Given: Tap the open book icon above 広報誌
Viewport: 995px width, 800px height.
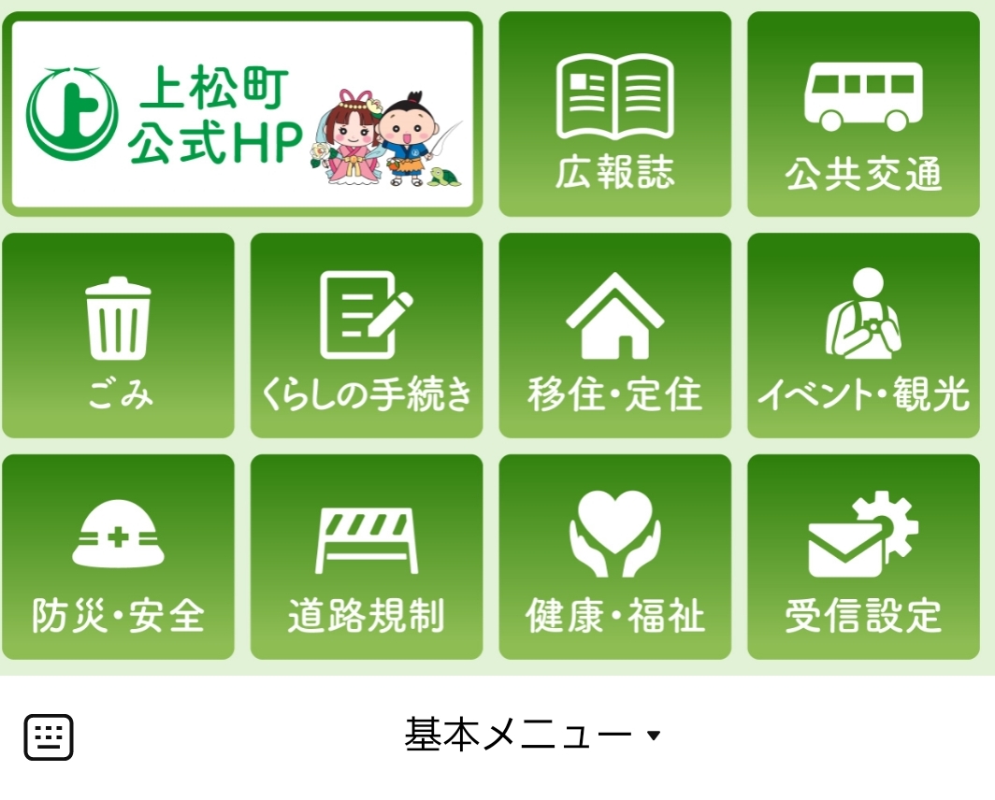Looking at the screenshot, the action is pos(614,96).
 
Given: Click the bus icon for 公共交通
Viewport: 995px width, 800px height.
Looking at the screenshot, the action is pos(863,96).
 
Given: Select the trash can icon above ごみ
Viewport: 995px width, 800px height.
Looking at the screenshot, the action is pos(118,318).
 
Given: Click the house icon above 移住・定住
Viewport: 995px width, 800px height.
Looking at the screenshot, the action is pos(615,315).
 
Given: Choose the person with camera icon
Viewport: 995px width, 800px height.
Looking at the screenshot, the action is pos(864,312).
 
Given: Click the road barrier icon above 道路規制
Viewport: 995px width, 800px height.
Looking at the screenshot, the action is pos(367,540).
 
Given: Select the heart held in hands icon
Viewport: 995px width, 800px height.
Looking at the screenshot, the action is pos(615,534).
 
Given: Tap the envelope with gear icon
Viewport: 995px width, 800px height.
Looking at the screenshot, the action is pos(863,535).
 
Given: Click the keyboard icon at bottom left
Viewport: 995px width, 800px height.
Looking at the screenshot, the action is pos(49,737).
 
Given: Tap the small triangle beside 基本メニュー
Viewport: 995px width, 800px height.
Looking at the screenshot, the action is pos(654,736).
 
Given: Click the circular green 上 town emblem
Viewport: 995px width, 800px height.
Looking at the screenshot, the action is pos(72,113).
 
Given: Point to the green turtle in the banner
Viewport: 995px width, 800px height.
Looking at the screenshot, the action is pos(444,177).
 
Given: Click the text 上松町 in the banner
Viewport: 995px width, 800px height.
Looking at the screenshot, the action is pos(214,87).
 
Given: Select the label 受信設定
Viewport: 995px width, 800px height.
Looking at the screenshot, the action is pos(863,615).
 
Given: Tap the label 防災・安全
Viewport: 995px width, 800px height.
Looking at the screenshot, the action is pos(118,615).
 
